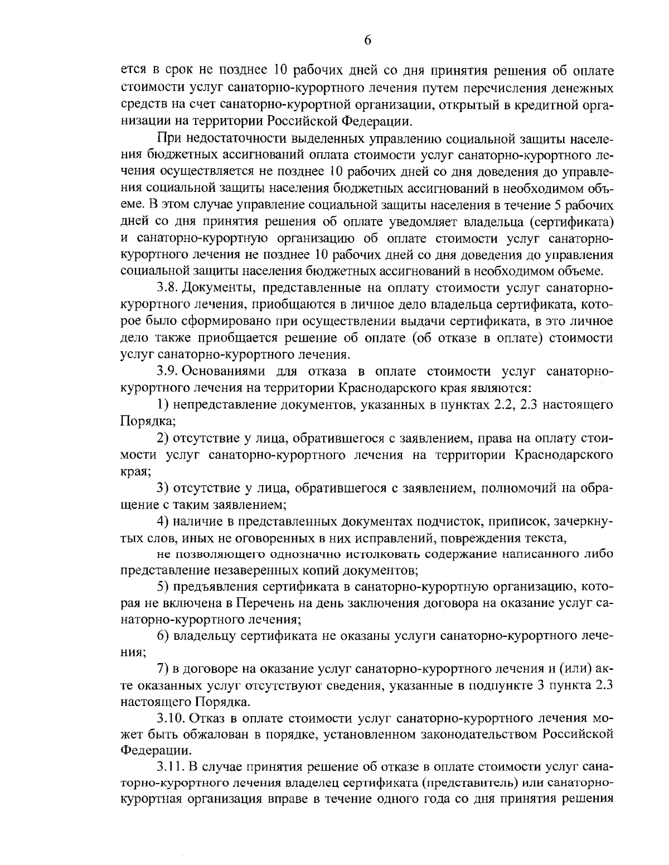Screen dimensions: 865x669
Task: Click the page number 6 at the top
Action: pos(367,40)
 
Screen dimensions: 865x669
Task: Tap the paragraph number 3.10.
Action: pos(171,717)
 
